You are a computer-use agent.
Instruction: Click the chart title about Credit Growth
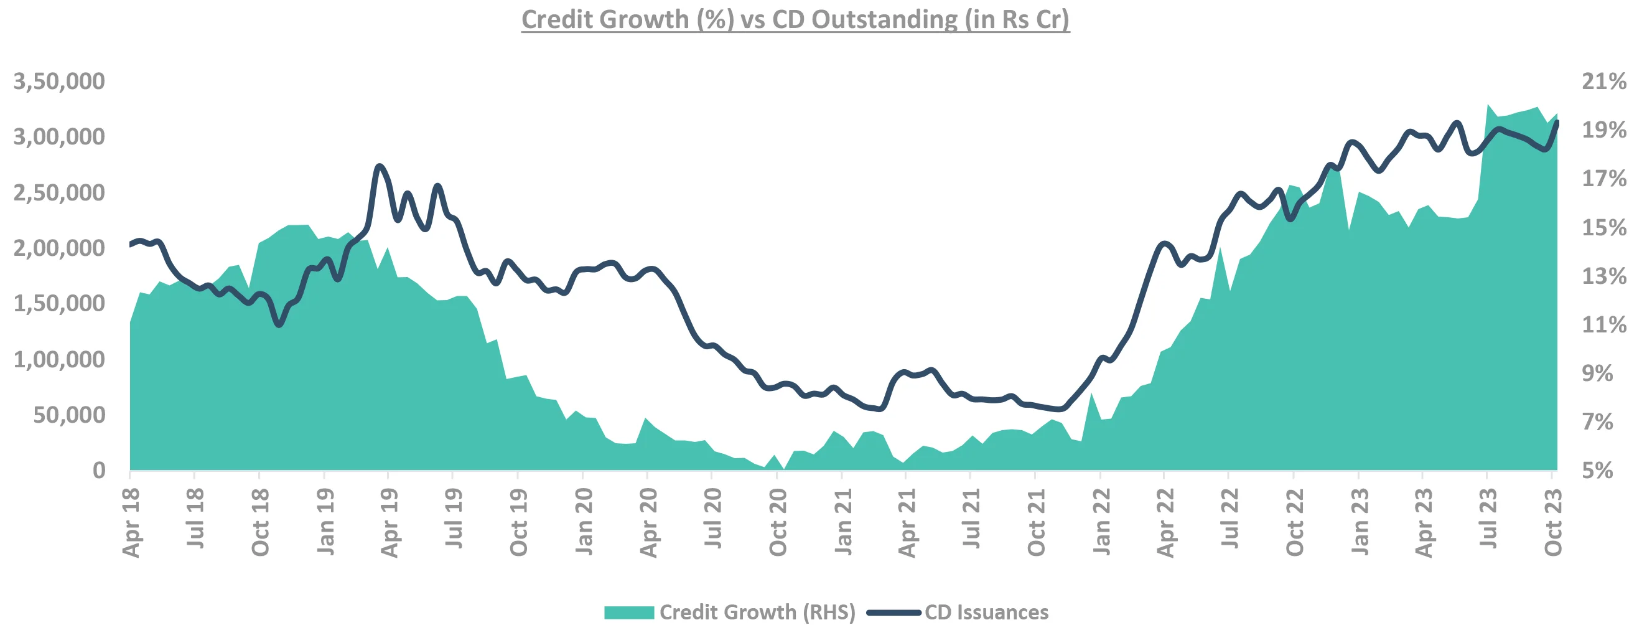tap(795, 19)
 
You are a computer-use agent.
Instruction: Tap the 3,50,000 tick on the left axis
tap(59, 81)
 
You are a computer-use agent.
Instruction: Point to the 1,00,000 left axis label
tap(59, 359)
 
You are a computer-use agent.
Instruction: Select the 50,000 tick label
tap(69, 415)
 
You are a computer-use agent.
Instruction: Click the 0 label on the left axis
tap(99, 471)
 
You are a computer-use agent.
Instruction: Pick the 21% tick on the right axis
tap(1604, 81)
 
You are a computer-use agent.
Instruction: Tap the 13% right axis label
tap(1604, 276)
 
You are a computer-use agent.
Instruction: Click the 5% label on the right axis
tap(1598, 471)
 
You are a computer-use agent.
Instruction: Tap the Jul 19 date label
tap(454, 519)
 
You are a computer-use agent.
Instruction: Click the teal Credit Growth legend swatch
tap(628, 612)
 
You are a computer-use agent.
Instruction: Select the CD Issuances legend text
tap(986, 612)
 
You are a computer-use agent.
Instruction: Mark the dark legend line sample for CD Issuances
tap(893, 612)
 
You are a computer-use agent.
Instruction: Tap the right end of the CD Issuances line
tap(1556, 122)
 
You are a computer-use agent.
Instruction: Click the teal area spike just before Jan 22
tap(1091, 394)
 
